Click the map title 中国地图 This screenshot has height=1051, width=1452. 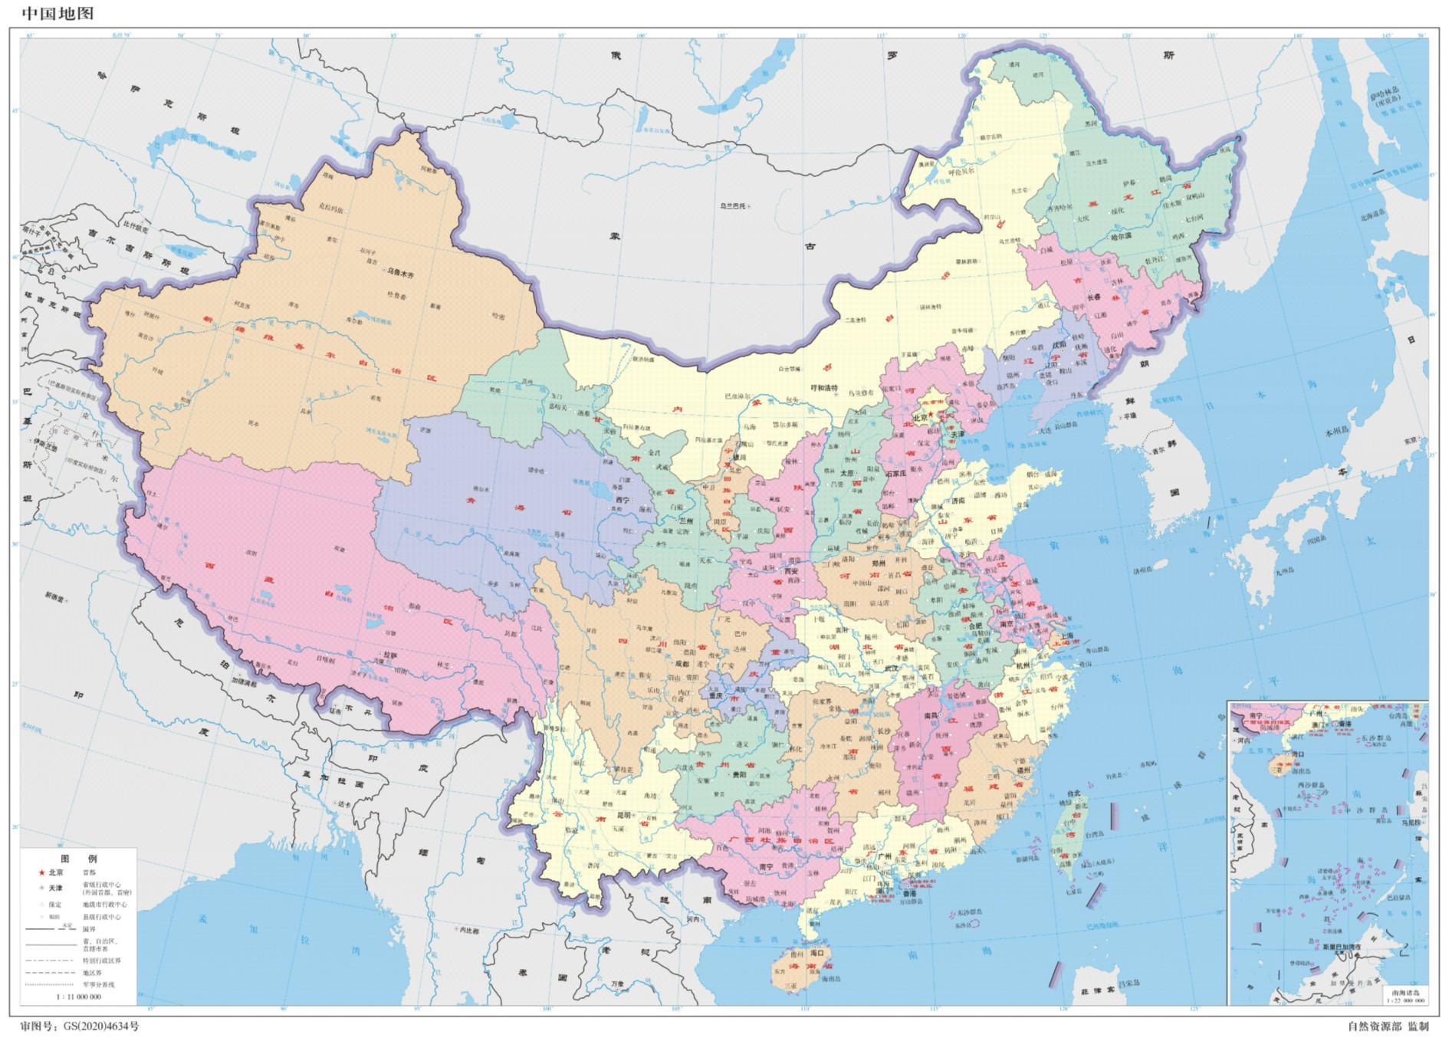point(58,12)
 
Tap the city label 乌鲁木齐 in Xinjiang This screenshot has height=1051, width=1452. point(399,272)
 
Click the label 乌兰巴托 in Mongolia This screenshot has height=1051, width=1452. point(734,206)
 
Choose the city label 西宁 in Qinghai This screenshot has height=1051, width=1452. point(623,499)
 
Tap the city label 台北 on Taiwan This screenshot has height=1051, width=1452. point(1073,794)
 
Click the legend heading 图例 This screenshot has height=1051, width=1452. point(79,859)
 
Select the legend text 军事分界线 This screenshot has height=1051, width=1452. point(99,985)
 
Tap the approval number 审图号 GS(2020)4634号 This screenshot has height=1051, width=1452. point(80,1026)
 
